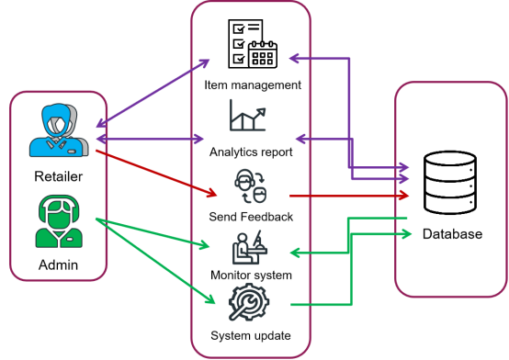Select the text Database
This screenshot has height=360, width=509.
click(x=451, y=234)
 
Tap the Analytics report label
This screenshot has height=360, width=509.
click(x=251, y=152)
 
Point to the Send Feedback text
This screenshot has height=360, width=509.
click(x=251, y=217)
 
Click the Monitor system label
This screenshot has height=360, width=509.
click(x=251, y=275)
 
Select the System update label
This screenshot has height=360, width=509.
click(x=251, y=335)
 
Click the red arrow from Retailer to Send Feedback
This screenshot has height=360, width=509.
click(x=156, y=172)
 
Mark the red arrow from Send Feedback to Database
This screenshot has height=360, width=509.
click(x=349, y=196)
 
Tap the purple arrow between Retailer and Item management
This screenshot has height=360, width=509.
click(x=152, y=96)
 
